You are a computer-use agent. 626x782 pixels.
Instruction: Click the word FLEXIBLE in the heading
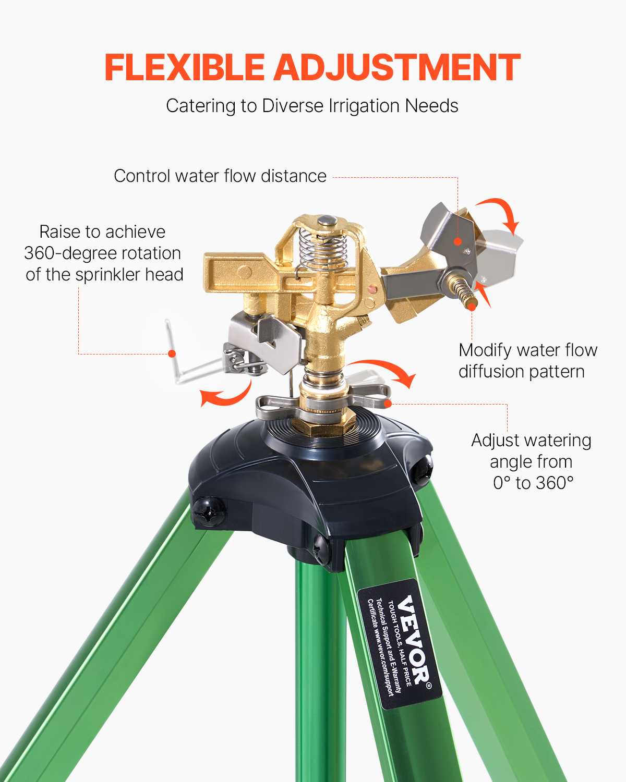coord(185,68)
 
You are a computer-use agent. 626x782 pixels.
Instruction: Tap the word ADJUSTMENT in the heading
coord(397,68)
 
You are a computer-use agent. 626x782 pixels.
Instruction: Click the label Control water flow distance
coord(220,176)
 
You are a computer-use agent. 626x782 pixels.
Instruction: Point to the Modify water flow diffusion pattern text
coord(527,361)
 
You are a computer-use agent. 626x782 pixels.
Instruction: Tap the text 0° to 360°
coord(533,483)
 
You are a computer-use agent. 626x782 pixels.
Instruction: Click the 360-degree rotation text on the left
coord(102,253)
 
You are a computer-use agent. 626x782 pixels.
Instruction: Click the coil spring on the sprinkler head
coord(323,250)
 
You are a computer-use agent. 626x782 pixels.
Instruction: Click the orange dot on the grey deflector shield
coord(458,241)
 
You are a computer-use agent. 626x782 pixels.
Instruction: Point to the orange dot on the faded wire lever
coord(172,354)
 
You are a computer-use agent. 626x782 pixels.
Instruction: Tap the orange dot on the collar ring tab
coord(387,403)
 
